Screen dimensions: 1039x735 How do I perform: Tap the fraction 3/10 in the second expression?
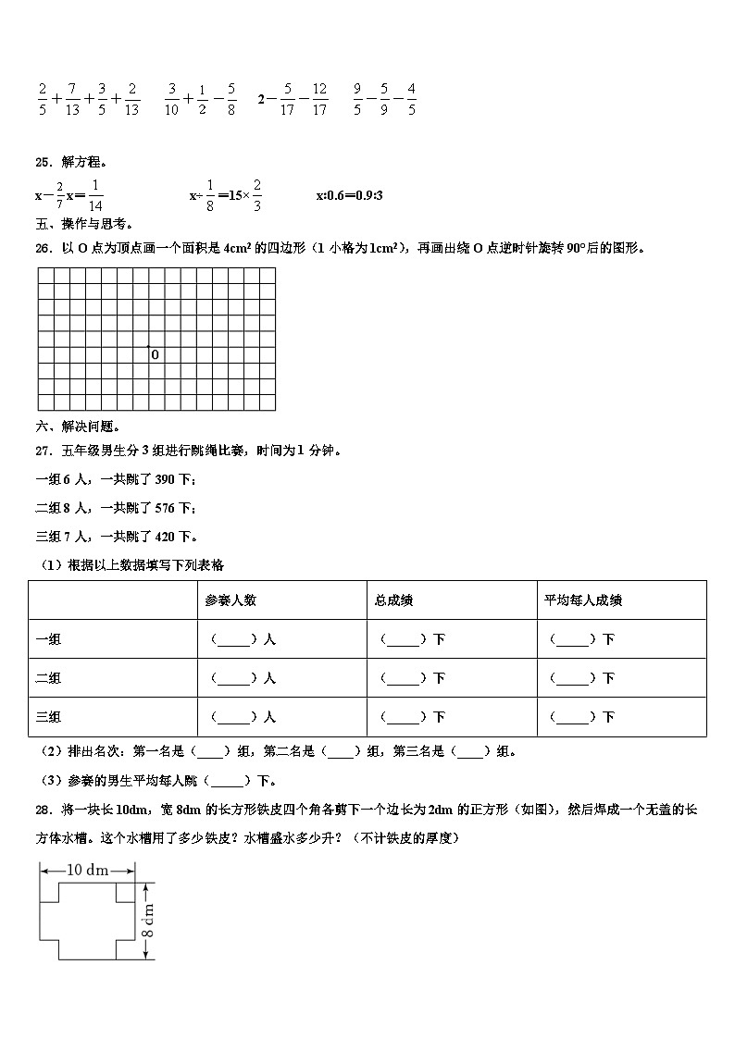click(x=172, y=100)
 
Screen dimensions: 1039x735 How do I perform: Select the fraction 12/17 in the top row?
click(x=319, y=100)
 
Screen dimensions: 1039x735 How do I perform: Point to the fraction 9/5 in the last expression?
click(x=357, y=100)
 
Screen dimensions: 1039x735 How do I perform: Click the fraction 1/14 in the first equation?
click(x=96, y=195)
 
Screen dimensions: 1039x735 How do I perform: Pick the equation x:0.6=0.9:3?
click(x=350, y=195)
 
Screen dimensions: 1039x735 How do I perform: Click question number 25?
click(x=42, y=162)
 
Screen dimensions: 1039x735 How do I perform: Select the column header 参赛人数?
click(x=230, y=600)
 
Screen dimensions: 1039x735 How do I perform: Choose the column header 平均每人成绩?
click(x=583, y=600)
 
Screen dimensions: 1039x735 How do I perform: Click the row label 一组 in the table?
click(x=48, y=639)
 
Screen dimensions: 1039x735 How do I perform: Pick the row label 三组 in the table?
click(x=48, y=717)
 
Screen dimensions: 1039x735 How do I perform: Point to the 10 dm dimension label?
click(x=88, y=870)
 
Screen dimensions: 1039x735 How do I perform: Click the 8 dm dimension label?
click(x=149, y=921)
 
